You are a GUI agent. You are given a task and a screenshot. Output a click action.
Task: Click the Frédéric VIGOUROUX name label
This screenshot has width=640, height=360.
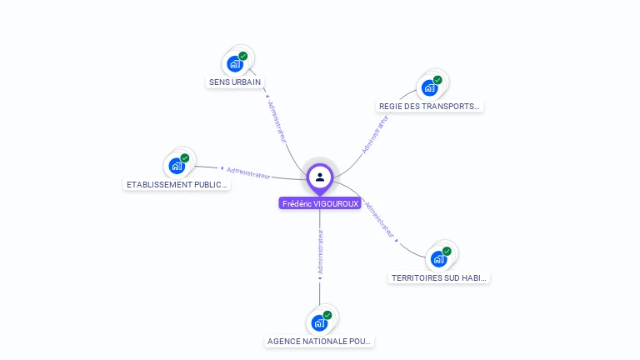click(x=320, y=203)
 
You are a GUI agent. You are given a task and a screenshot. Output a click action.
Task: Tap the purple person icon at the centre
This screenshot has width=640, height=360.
click(x=320, y=177)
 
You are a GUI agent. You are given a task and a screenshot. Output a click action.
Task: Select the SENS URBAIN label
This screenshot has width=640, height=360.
click(x=235, y=82)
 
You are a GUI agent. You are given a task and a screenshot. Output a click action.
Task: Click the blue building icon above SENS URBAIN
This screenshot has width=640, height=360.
click(x=235, y=64)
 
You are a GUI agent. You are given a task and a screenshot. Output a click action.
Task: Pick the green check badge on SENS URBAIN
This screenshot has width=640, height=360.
click(x=243, y=56)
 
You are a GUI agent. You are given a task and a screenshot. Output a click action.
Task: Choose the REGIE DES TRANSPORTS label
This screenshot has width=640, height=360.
click(x=430, y=106)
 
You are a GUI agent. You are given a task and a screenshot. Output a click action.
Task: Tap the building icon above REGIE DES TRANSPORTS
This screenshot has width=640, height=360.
click(x=429, y=87)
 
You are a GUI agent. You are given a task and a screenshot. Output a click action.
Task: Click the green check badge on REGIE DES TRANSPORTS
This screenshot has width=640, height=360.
click(x=437, y=80)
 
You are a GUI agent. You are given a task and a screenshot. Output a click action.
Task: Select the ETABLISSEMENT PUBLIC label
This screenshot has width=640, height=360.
click(x=177, y=184)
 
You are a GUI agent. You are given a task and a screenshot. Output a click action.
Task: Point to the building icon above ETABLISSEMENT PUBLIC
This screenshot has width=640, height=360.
click(x=177, y=166)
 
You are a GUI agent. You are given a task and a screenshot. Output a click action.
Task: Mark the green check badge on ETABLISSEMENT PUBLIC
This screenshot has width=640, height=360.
click(x=185, y=157)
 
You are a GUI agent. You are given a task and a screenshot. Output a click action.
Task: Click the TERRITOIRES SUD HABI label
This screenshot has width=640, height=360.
click(x=439, y=277)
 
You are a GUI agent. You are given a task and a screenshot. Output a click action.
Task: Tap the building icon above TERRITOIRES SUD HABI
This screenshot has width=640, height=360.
click(x=438, y=259)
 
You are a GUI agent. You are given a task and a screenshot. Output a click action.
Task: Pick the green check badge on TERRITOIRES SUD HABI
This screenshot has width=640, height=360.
click(x=447, y=251)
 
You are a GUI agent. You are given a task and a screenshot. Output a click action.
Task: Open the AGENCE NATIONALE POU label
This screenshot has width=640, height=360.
click(x=320, y=341)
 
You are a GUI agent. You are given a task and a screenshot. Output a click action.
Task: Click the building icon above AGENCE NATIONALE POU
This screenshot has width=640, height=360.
click(x=319, y=322)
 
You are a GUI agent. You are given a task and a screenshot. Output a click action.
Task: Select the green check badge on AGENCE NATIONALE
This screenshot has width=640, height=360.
click(x=327, y=315)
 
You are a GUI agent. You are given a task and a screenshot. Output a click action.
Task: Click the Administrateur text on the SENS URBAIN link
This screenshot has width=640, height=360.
click(x=278, y=122)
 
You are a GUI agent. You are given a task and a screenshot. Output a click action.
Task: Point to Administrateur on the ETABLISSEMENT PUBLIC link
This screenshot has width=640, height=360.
click(x=248, y=172)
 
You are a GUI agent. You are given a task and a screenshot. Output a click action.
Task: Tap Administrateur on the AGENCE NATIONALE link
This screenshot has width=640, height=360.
click(x=320, y=251)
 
